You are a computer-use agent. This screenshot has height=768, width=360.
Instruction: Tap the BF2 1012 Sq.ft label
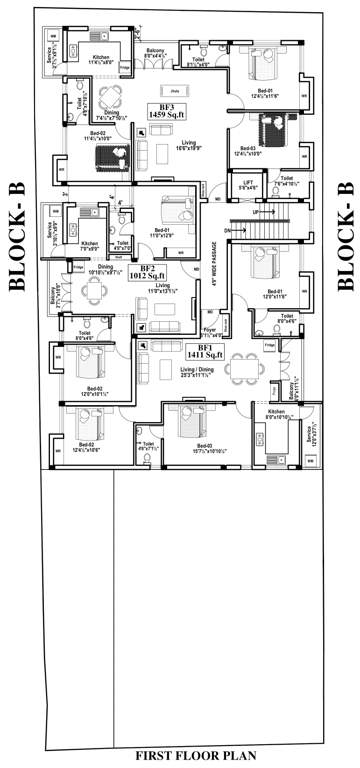147,273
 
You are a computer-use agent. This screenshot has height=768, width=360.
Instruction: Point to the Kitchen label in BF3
100,58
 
